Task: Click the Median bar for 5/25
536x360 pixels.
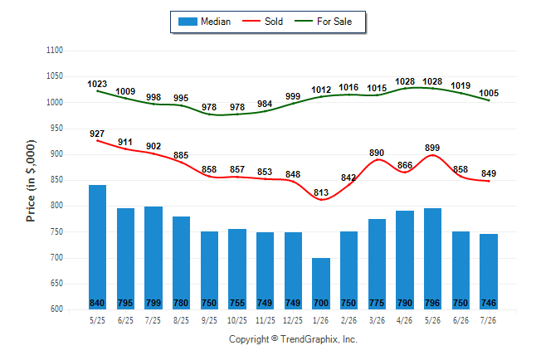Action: pos(97,247)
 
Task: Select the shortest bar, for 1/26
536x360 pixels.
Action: pos(321,284)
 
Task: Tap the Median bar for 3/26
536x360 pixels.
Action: pos(377,264)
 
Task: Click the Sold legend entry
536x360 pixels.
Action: pos(262,22)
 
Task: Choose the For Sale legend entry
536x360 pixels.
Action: pos(323,22)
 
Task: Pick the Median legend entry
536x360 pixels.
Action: pos(204,22)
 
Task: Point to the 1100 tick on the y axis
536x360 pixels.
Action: pos(55,51)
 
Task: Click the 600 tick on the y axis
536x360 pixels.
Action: pos(56,309)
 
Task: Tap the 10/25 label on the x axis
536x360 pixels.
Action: pos(237,320)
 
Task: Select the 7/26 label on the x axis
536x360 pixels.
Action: pos(489,320)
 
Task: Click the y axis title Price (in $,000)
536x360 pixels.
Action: pos(31,181)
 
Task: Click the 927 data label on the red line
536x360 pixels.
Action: pos(97,134)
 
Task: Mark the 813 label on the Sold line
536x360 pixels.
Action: pos(321,192)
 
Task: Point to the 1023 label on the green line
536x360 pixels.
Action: pos(97,84)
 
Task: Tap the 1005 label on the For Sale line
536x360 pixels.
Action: pos(489,93)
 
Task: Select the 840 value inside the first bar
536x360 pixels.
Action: pos(97,304)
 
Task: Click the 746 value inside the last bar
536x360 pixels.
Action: pos(489,304)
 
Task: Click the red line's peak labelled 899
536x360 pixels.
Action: pos(432,155)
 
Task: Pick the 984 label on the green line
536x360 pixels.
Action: pos(265,104)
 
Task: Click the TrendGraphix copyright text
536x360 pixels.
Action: pos(293,339)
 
